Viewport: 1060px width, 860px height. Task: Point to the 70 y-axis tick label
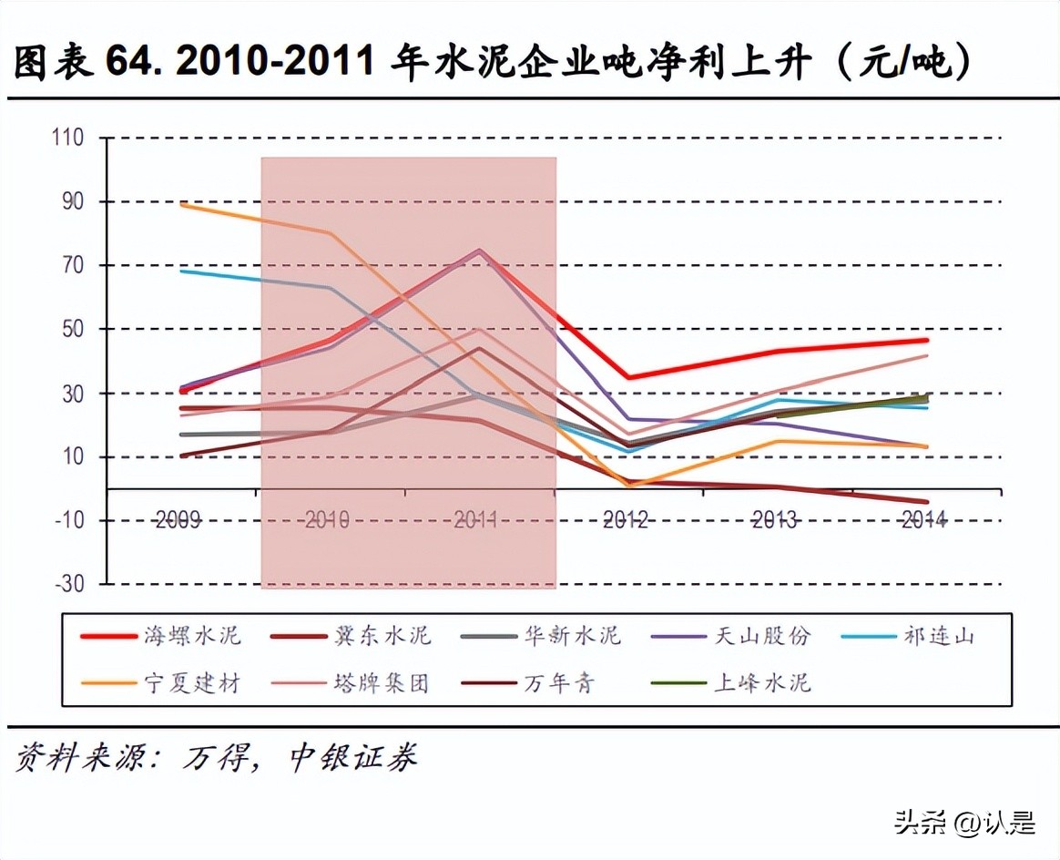pos(72,266)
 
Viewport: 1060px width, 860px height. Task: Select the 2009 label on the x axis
pos(178,520)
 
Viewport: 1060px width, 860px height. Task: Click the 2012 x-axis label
pos(625,520)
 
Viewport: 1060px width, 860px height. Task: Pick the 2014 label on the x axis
pos(923,520)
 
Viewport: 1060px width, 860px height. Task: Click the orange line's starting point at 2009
pos(182,204)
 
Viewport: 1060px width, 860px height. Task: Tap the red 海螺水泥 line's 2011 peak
pos(479,251)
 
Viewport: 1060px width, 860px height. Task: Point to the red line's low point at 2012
pos(628,377)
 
